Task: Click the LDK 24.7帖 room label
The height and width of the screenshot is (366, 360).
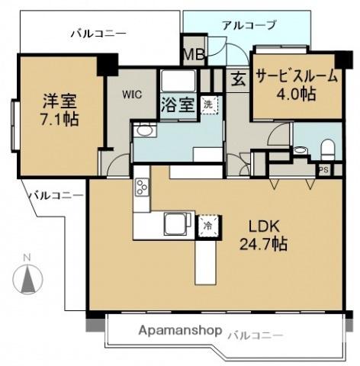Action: click(265, 236)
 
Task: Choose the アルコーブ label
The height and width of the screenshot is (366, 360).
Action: click(249, 25)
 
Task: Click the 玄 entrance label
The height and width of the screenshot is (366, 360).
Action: click(238, 79)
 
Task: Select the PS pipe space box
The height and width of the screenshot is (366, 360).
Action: click(324, 170)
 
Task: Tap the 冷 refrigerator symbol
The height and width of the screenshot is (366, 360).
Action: click(207, 226)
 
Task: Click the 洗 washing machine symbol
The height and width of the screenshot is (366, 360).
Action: click(207, 104)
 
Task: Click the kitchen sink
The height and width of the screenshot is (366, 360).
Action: click(175, 223)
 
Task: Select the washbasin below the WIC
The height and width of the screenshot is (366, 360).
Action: click(143, 132)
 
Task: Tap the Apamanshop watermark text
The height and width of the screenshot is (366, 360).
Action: click(181, 332)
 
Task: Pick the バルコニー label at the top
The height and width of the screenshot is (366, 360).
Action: click(98, 33)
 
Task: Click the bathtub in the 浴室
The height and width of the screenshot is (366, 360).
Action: click(178, 79)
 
